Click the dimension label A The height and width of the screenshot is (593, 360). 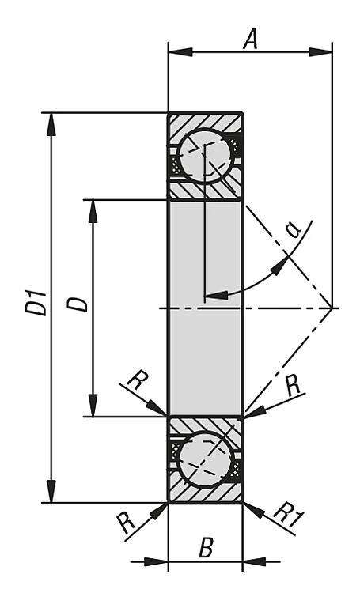pyautogui.click(x=250, y=39)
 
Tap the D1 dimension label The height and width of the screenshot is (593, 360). pyautogui.click(x=36, y=304)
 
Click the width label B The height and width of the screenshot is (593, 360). pyautogui.click(x=206, y=548)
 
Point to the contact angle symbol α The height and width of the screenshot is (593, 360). pyautogui.click(x=294, y=229)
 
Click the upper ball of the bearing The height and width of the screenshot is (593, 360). pyautogui.click(x=205, y=156)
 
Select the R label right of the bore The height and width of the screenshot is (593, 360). pyautogui.click(x=292, y=386)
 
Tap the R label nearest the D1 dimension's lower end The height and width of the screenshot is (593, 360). pyautogui.click(x=125, y=522)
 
